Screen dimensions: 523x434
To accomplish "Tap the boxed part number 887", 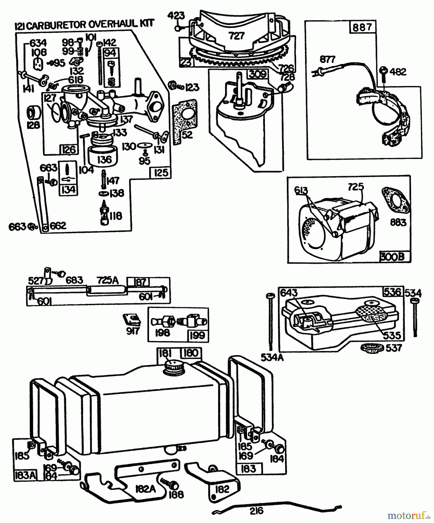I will click(362, 27).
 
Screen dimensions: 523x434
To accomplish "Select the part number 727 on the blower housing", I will click(236, 36).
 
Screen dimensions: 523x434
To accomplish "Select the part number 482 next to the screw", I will click(398, 71).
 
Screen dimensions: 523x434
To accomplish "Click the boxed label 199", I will click(198, 335).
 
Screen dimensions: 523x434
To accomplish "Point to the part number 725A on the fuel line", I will click(107, 280).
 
